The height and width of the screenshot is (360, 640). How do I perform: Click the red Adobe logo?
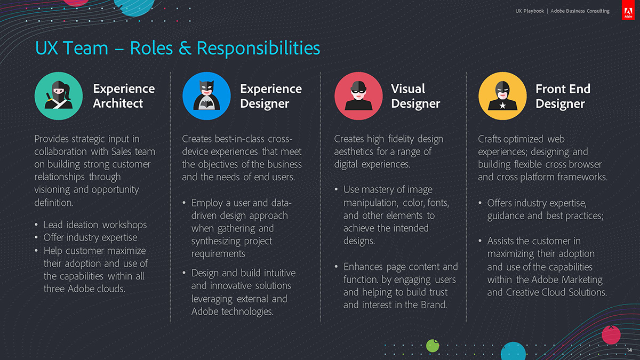628,10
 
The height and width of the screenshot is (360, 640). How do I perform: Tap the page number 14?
629,350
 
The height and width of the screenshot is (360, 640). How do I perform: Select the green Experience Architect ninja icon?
59,95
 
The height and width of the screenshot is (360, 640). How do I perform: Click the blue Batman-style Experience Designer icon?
206,95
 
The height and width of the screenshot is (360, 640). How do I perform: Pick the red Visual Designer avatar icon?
358,95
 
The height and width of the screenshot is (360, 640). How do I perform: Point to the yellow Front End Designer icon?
502,95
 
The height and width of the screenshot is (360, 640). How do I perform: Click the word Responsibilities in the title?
258,49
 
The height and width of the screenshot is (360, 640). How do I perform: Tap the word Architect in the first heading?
118,103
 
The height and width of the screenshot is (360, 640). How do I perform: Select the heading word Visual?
408,89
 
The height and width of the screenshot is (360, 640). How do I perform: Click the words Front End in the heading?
563,89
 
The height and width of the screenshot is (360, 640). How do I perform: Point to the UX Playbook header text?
530,11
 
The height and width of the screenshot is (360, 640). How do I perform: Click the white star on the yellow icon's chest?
502,106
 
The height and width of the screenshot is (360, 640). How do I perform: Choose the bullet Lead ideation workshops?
95,225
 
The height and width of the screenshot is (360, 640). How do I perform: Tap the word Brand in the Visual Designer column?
434,305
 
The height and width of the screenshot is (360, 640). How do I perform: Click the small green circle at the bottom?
433,346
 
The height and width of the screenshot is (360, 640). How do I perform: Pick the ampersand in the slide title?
185,49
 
